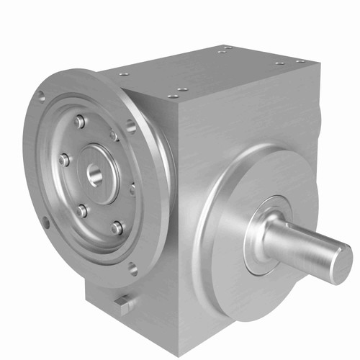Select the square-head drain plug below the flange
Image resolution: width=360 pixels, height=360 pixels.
click(123, 302)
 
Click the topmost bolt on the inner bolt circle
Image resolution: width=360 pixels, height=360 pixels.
click(79, 123)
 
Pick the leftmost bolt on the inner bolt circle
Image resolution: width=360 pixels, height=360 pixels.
click(63, 159)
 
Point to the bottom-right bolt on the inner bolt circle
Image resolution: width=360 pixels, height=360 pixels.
click(116, 228)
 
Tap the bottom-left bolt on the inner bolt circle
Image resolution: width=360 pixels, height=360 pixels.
click(81, 211)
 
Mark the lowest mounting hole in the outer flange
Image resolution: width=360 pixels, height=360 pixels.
click(133, 270)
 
